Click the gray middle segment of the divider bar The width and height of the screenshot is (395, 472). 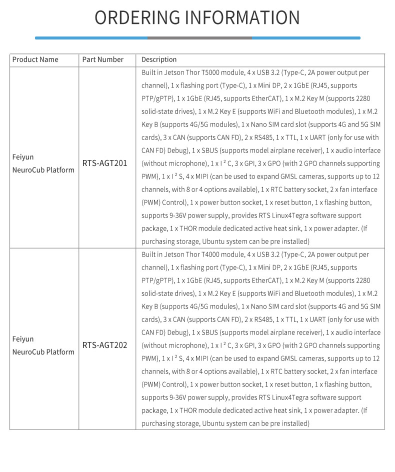pyautogui.click(x=199, y=37)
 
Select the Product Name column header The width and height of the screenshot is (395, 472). pyautogui.click(x=35, y=59)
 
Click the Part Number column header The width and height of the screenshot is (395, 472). pyautogui.click(x=103, y=59)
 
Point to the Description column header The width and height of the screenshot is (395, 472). pyautogui.click(x=159, y=59)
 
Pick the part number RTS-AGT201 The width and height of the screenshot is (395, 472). pyautogui.click(x=105, y=163)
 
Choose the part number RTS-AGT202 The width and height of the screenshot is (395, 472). pyautogui.click(x=105, y=345)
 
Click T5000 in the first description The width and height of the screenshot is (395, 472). pyautogui.click(x=219, y=72)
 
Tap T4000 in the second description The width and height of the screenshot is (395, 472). pyautogui.click(x=219, y=254)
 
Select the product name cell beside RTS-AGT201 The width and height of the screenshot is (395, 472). pyautogui.click(x=43, y=163)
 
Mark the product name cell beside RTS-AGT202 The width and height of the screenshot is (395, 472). pyautogui.click(x=43, y=345)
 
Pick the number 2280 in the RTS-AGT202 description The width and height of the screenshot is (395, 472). pyautogui.click(x=360, y=280)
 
